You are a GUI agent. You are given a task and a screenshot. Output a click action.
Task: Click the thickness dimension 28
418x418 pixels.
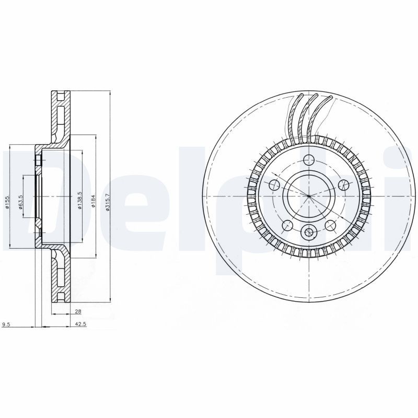pyautogui.click(x=78, y=311)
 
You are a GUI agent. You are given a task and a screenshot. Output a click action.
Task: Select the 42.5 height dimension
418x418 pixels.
pyautogui.click(x=80, y=324)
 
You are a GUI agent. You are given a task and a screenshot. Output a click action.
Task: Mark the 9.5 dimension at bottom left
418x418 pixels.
pyautogui.click(x=6, y=324)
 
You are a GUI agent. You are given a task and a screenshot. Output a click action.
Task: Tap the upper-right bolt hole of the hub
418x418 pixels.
pyautogui.click(x=343, y=184)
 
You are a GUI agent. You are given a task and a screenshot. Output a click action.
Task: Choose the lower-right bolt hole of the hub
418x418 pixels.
pyautogui.click(x=330, y=225)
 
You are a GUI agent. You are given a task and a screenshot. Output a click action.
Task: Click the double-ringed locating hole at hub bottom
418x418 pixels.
pyautogui.click(x=309, y=233)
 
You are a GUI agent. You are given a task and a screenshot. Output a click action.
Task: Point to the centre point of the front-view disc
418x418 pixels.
pyautogui.click(x=309, y=196)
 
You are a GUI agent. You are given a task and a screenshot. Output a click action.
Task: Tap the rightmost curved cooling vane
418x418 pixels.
pyautogui.click(x=321, y=118)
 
